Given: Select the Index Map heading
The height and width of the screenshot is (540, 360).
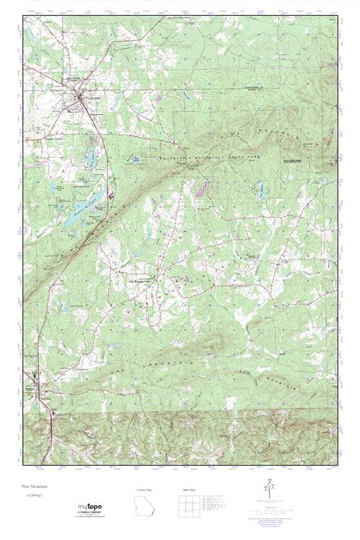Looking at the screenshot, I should [x=188, y=490].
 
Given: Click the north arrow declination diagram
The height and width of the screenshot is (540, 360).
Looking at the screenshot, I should [x=270, y=490].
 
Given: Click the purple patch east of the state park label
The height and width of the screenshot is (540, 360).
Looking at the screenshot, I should [x=202, y=189].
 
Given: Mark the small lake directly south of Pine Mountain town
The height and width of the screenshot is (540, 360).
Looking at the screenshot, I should [x=91, y=155].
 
